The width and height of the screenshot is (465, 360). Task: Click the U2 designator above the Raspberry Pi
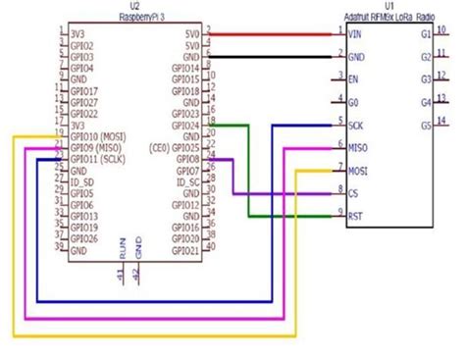pos(135,7)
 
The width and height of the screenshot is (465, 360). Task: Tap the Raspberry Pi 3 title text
pos(135,18)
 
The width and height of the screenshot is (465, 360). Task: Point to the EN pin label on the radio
pos(353,78)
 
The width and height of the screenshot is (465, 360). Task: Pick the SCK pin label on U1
pos(356,124)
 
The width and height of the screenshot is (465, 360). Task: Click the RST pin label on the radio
pos(355,214)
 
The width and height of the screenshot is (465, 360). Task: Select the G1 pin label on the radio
pos(425,34)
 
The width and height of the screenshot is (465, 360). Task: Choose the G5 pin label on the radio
pos(425,125)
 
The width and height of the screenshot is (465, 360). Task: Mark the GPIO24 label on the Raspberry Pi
pos(186,125)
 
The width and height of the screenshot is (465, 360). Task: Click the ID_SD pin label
pos(83,181)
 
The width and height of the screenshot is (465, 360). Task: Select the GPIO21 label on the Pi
pos(186,250)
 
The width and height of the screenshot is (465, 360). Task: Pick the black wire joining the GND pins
pos(275,57)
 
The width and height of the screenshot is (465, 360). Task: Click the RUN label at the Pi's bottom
pos(122,251)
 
